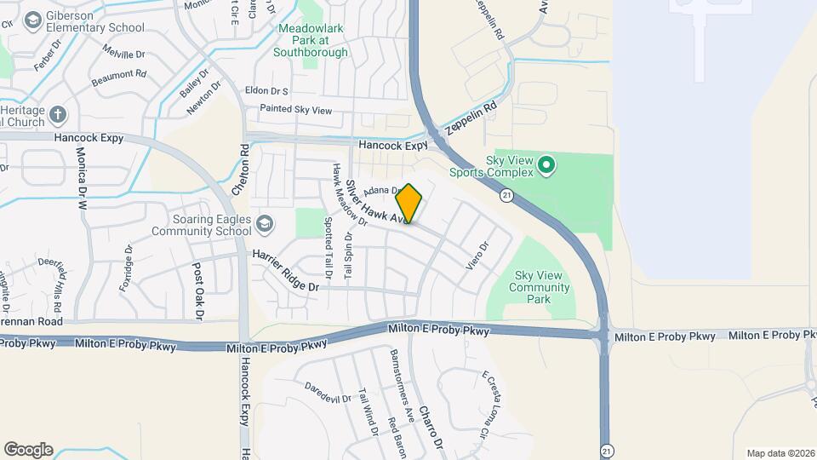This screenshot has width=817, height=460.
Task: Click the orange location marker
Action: click(409, 204)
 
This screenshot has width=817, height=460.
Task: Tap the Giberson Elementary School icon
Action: click(34, 19)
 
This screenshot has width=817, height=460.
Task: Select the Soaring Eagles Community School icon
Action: click(266, 223)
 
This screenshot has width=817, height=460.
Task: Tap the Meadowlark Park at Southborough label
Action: click(312, 40)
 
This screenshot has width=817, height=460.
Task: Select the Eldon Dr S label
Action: click(266, 90)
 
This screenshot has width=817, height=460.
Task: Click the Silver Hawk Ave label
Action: click(375, 203)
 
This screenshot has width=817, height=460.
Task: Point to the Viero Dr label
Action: click(478, 258)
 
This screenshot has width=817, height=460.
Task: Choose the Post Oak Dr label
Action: click(198, 291)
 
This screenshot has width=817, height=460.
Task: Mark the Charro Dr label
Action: click(431, 426)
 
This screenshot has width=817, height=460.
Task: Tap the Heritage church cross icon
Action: click(57, 114)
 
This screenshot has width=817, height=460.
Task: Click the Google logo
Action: click(28, 449)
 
